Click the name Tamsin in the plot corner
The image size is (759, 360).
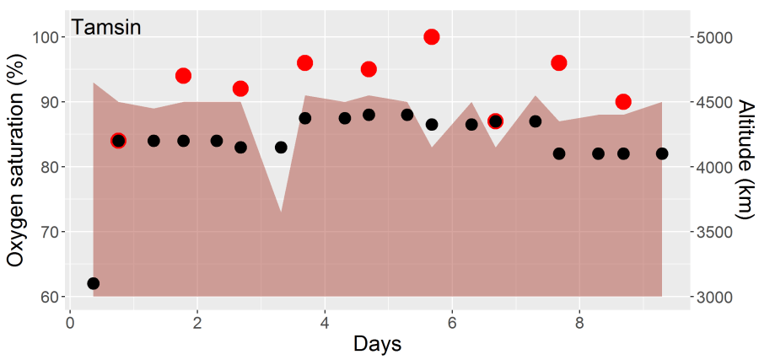pos(105,27)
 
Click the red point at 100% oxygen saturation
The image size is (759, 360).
pos(432,37)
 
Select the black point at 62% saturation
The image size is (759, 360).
pos(93,283)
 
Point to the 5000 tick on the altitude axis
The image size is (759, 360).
pos(715,38)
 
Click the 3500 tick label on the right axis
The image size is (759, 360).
pos(715,232)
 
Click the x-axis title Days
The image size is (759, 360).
pos(377,344)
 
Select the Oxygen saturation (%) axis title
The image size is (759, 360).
pos(15,167)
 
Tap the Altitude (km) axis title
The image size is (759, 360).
pos(746,167)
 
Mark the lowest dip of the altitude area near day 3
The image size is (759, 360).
pos(281,212)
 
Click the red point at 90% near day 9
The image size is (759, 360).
pos(623,102)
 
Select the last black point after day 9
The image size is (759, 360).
pos(662,153)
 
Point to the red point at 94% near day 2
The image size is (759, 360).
pos(183,76)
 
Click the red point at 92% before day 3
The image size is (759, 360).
pos(240,89)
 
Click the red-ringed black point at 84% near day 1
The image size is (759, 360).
pos(118,141)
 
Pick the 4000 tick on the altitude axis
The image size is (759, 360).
pos(715,167)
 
